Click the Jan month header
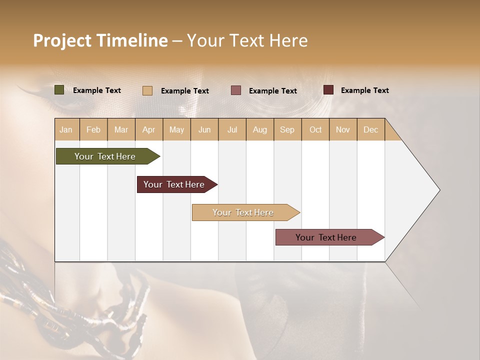(x=66, y=129)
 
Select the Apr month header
(x=148, y=129)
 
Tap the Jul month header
(x=232, y=129)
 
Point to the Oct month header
(x=315, y=129)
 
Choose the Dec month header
(x=370, y=129)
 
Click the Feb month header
(x=93, y=129)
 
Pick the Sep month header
(x=287, y=129)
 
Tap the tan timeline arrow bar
(x=243, y=212)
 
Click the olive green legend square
(x=59, y=90)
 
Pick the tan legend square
(x=147, y=90)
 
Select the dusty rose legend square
(x=236, y=90)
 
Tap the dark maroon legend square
(x=328, y=90)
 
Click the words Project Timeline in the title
(x=100, y=40)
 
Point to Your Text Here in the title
(x=247, y=40)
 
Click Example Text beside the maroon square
(x=364, y=90)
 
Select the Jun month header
(x=204, y=129)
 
